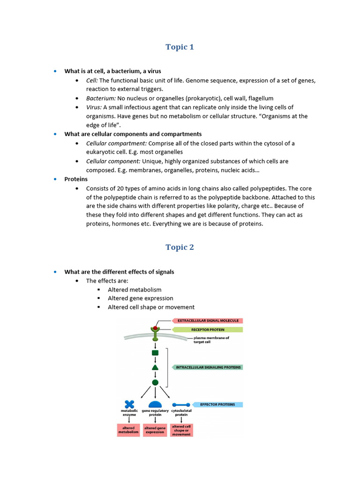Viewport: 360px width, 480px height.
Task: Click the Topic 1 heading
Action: point(180,47)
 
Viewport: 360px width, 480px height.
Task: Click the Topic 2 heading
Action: point(180,247)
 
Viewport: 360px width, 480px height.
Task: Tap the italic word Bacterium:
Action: point(101,98)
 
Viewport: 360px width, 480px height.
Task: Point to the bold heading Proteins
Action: point(76,179)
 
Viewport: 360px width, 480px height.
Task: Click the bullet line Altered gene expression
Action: point(140,298)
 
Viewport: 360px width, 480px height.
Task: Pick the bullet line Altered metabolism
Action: point(135,290)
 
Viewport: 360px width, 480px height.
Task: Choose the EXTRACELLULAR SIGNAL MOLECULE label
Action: point(208,321)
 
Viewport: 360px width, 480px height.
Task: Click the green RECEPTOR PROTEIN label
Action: point(208,330)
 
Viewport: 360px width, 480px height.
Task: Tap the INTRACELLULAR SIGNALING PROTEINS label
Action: point(208,367)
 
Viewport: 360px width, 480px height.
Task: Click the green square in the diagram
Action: point(155,352)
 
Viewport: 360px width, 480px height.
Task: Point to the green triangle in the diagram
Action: point(155,367)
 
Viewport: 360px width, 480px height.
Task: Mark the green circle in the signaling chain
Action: point(155,382)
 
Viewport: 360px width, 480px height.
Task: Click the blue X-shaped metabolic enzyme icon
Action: point(129,404)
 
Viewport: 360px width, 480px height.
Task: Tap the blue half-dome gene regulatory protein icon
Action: point(155,405)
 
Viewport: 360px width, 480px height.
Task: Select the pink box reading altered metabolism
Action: point(128,430)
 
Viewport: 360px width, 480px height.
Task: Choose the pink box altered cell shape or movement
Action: point(181,430)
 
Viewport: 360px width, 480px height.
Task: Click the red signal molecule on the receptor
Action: point(155,328)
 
